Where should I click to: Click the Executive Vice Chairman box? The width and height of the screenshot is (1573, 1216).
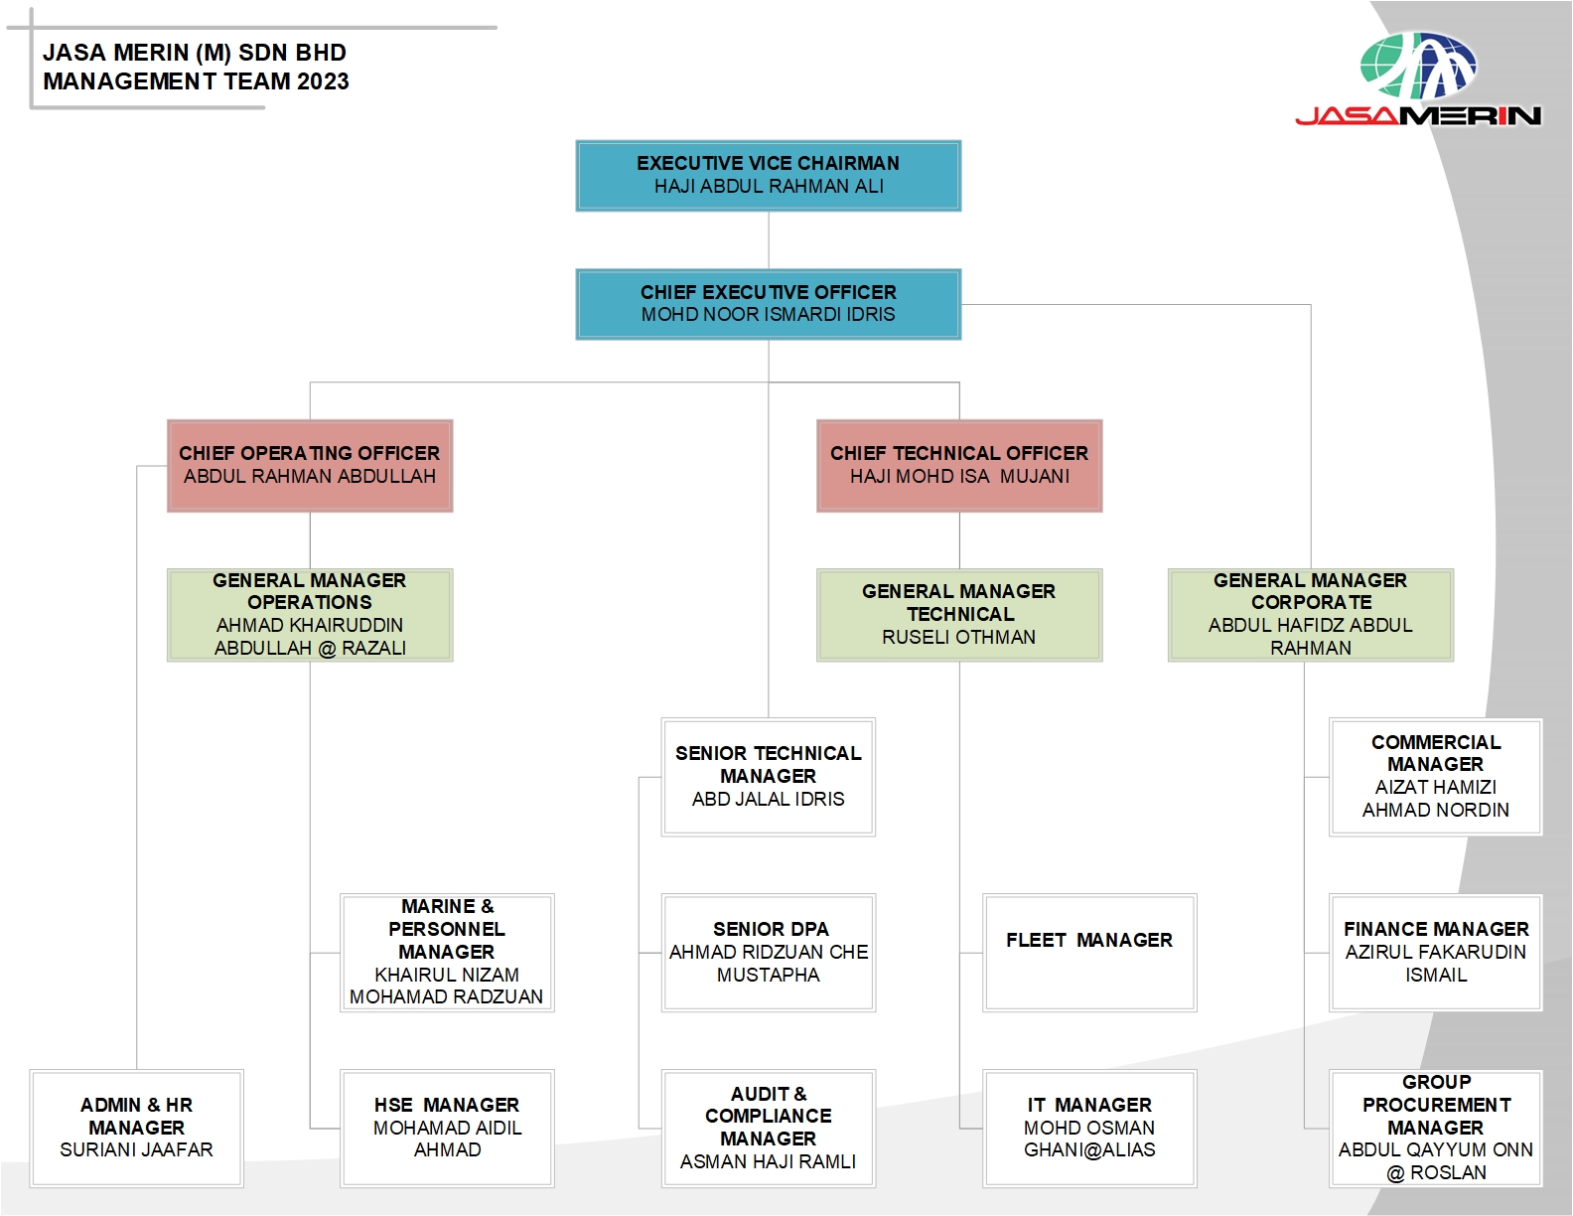click(x=768, y=176)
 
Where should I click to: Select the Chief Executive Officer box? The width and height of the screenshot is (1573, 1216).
click(x=768, y=304)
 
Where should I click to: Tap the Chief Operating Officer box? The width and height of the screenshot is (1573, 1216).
click(x=310, y=466)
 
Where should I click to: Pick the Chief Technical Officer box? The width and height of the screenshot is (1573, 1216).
click(x=959, y=466)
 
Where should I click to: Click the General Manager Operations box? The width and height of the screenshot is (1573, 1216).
click(x=310, y=615)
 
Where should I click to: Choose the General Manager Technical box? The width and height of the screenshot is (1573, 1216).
click(x=959, y=615)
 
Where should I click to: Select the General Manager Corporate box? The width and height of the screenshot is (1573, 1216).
click(x=1310, y=615)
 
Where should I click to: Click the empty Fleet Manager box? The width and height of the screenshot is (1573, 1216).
click(x=1089, y=953)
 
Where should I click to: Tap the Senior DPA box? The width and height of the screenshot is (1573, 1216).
click(x=768, y=953)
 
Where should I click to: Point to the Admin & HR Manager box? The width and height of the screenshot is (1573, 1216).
click(x=136, y=1129)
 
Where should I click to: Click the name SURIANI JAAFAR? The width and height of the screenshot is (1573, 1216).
click(x=136, y=1150)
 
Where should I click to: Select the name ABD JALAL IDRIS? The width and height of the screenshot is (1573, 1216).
click(x=768, y=799)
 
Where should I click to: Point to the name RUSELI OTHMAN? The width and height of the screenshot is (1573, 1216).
click(x=958, y=638)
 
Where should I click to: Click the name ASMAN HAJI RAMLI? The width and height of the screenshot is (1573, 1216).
click(x=768, y=1161)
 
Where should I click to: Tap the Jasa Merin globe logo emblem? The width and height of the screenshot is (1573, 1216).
click(x=1418, y=66)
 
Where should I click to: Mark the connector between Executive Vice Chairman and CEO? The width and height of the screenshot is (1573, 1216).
click(x=769, y=240)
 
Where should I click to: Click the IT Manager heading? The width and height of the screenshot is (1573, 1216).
click(x=1089, y=1105)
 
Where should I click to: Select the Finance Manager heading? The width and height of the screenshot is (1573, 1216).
click(x=1436, y=929)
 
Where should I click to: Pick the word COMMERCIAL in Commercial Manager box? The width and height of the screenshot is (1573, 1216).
click(x=1436, y=742)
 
